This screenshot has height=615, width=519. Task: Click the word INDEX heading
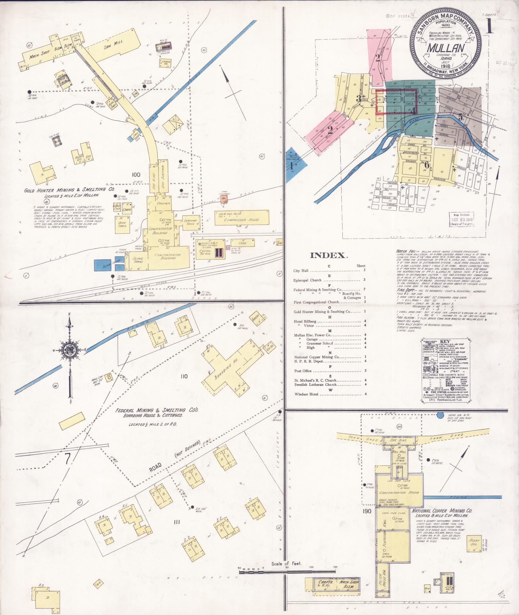[x=329, y=255]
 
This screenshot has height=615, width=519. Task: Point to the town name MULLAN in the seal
[x=445, y=49]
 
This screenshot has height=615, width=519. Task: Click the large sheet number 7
[x=67, y=459]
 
